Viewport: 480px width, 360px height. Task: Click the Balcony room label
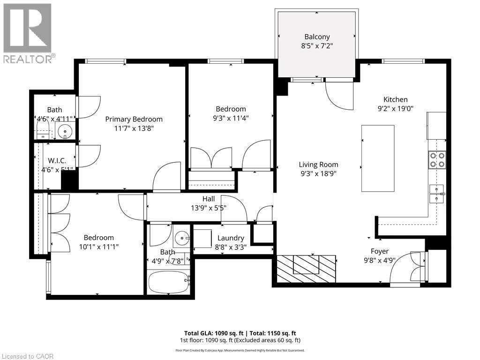[x=317, y=37]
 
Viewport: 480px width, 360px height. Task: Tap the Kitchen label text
[x=395, y=99]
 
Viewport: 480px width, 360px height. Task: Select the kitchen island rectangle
[x=377, y=158]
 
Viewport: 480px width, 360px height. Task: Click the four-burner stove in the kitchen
[x=437, y=160]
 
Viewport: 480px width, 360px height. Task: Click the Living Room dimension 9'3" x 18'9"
[x=318, y=173]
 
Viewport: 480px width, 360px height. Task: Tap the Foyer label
[x=379, y=251]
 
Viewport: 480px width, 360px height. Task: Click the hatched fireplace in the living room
[x=306, y=269]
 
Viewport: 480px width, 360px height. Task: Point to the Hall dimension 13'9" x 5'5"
[x=208, y=207]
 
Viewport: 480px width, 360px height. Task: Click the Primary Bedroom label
[x=134, y=119]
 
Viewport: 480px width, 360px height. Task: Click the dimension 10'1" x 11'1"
[x=98, y=247]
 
